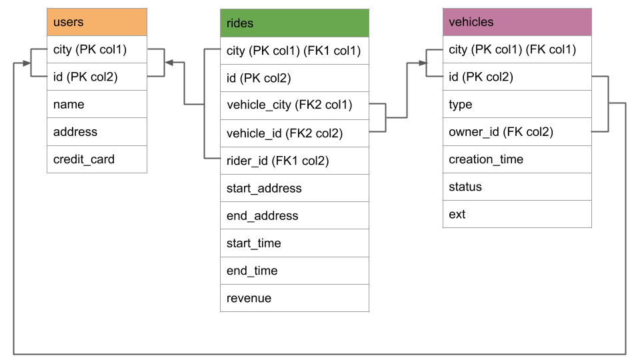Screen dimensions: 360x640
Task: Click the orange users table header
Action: (x=97, y=22)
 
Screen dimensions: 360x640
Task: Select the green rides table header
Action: (x=294, y=23)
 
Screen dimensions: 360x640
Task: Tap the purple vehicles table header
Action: (x=517, y=22)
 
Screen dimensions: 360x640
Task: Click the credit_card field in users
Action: (x=97, y=159)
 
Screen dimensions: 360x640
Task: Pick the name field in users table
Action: (x=97, y=104)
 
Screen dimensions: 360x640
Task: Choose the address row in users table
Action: (x=97, y=132)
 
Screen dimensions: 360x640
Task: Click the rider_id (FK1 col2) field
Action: (x=294, y=161)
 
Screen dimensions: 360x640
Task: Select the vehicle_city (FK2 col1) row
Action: (x=294, y=105)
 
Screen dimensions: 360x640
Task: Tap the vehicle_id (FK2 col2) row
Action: (x=294, y=133)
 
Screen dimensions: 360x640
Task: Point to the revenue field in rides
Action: (x=294, y=298)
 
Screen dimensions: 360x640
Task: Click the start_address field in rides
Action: (x=294, y=188)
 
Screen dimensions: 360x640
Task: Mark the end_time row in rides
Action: (x=294, y=271)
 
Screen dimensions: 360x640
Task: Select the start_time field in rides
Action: (x=294, y=243)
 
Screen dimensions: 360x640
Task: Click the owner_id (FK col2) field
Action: (x=517, y=132)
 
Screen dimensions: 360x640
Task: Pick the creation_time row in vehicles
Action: (x=517, y=159)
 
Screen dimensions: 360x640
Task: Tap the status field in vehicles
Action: (x=517, y=187)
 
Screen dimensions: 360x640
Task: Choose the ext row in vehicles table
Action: (x=517, y=214)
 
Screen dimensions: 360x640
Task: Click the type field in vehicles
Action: (x=517, y=105)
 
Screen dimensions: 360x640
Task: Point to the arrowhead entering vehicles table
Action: (x=422, y=63)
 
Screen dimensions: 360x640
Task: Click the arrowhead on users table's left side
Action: (x=27, y=63)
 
